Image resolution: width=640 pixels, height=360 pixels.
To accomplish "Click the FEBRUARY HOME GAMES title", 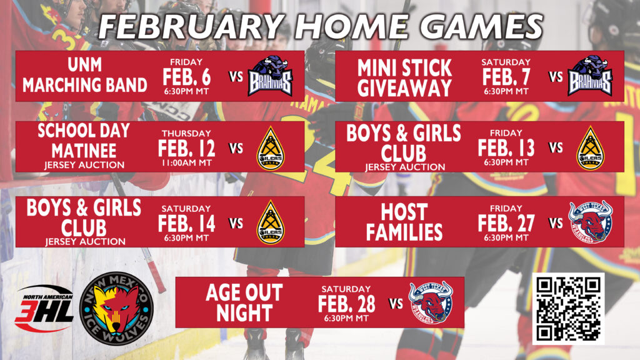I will tap(320, 27).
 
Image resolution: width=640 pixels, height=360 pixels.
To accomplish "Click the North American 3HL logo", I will tap(44, 308).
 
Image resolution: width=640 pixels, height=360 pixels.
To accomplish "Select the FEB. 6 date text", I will tap(186, 76).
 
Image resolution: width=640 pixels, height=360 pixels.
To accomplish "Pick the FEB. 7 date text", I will tap(506, 76).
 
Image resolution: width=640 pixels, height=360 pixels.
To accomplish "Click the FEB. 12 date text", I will tap(186, 148).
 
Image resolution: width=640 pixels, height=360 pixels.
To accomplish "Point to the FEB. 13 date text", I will tap(506, 148).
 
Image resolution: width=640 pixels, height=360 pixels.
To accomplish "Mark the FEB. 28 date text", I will tap(346, 303).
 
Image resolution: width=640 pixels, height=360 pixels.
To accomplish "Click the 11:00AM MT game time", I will tap(186, 163).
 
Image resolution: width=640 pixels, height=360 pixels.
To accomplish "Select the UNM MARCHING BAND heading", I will tap(85, 76).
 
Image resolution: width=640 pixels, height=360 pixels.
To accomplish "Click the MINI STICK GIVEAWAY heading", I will tap(404, 77).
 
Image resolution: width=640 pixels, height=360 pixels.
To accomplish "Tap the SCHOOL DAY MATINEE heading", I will tap(84, 141).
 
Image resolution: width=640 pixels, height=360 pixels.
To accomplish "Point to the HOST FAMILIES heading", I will tap(404, 222).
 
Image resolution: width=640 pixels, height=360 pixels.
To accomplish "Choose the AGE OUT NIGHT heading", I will tap(244, 302).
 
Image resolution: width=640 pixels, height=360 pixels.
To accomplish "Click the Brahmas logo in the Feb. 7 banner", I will tap(589, 76).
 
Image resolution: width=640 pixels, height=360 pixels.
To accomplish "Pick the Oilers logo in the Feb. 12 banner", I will tap(269, 148).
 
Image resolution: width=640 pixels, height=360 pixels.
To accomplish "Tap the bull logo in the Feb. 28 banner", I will tap(431, 301).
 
